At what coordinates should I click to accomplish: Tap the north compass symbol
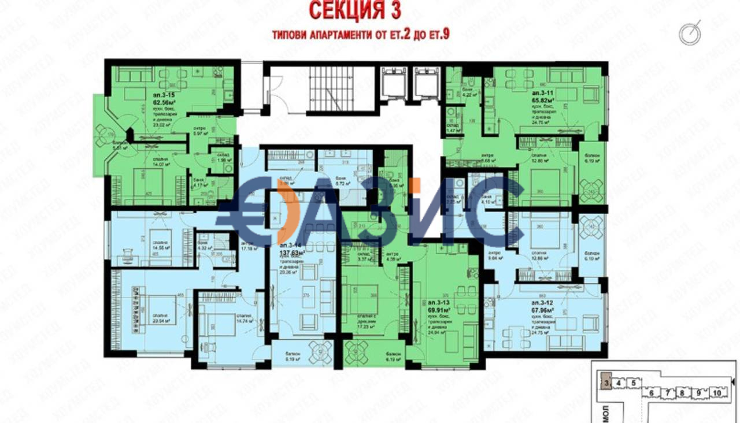click(690, 34)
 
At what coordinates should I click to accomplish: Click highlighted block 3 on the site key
click(604, 382)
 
